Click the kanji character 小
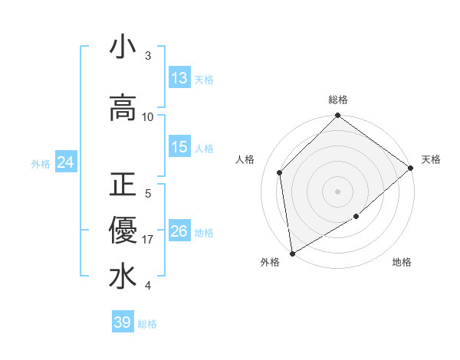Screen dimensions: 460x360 coord(123,47)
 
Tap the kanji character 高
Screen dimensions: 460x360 coord(123,108)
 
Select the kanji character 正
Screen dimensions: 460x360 coord(123,185)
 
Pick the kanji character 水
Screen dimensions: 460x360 coord(123,277)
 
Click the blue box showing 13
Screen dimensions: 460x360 coord(179,78)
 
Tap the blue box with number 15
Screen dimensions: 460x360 coord(179,147)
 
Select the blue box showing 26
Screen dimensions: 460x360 coord(179,231)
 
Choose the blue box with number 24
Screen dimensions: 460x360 coord(65,162)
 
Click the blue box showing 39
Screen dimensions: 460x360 coord(123,322)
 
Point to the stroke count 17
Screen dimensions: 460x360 coord(149,240)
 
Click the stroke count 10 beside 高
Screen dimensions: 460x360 coord(149,116)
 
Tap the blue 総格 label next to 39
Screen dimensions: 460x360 coord(147,324)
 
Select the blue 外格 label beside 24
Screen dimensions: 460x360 coord(41,163)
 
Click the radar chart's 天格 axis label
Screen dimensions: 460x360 coord(431,159)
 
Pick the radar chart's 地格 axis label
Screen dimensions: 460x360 coord(402,262)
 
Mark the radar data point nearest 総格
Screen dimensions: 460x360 coord(337,116)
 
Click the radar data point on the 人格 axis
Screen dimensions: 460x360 coord(280,172)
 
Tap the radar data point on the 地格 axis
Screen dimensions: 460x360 coord(356,217)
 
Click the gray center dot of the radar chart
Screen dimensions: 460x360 coord(337,191)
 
